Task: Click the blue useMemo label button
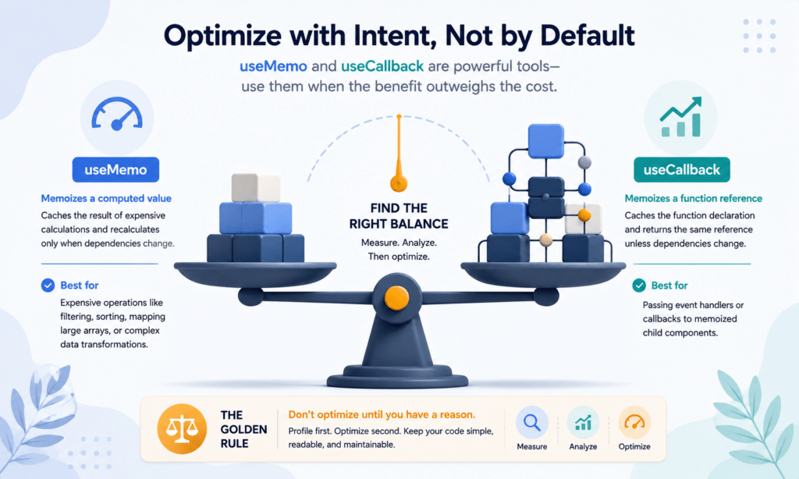coord(115,170)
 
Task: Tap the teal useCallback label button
coord(682,170)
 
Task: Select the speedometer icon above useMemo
coord(117,114)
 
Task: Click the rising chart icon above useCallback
coord(680,117)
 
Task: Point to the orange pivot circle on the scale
coord(397,298)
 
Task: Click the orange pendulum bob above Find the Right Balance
coord(399,183)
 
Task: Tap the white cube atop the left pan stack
coord(256,188)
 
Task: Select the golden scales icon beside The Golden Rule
coord(182,429)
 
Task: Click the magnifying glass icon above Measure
coord(532,422)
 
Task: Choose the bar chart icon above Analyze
coord(583,422)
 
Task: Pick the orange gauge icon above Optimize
coord(634,422)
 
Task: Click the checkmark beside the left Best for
coord(48,286)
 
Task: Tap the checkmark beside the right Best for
coord(639,286)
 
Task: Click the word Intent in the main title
coord(394,36)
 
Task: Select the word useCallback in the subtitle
coord(382,66)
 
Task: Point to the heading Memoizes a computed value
coord(106,198)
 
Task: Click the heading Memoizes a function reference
coord(694,198)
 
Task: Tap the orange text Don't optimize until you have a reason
coord(382,415)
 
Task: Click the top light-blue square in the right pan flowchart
coord(545,140)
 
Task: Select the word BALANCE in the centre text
coord(424,224)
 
